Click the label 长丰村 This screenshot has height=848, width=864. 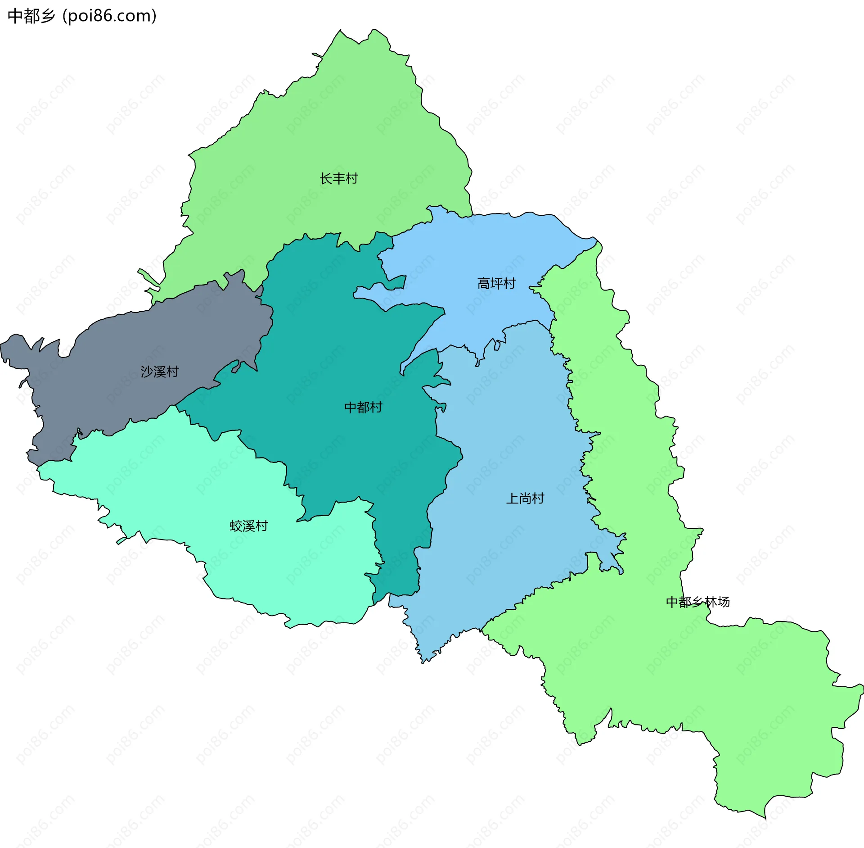(338, 179)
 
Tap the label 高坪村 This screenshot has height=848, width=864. (496, 284)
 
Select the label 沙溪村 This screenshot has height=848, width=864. (159, 372)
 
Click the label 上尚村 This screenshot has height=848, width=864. (525, 499)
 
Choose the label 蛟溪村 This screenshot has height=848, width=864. (248, 526)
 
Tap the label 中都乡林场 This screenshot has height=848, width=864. (697, 602)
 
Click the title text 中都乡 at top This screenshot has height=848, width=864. (31, 16)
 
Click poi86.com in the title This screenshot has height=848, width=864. (109, 16)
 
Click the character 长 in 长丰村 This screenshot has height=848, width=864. (326, 179)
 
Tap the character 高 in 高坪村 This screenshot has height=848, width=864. (483, 284)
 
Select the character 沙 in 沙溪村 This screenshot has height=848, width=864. (147, 372)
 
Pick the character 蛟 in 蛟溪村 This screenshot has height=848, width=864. (236, 526)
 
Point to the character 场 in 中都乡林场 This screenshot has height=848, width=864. (724, 602)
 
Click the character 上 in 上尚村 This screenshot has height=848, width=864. (512, 499)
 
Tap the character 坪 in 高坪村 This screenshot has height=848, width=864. (496, 284)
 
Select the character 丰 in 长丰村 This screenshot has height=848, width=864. (338, 179)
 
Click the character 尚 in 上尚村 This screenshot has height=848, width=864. (525, 499)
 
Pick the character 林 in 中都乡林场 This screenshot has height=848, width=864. (711, 602)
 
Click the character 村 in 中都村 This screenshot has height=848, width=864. (376, 408)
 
